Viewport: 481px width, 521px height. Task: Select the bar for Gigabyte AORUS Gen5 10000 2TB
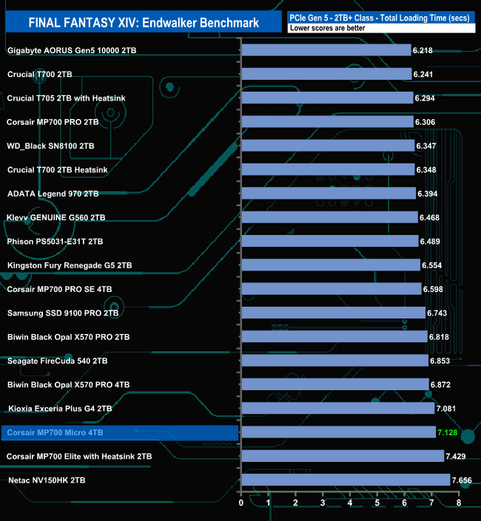coord(326,50)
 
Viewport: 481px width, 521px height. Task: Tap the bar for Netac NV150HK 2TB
coord(345,480)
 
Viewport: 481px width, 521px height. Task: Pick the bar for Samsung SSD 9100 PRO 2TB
coord(333,313)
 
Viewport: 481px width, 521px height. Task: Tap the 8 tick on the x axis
coord(459,503)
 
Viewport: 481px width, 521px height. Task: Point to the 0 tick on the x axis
coord(241,503)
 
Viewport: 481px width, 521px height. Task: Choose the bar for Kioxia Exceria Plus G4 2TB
coord(337,409)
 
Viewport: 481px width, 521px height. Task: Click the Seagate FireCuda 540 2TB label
coord(57,361)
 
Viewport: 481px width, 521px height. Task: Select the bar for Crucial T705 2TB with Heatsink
coord(327,98)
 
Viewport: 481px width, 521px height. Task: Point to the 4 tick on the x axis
coord(350,503)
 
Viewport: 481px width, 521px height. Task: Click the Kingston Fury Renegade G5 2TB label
coord(70,265)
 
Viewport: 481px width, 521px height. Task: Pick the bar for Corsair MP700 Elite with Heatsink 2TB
coord(342,457)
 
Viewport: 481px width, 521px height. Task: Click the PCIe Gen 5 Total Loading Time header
coord(378,16)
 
